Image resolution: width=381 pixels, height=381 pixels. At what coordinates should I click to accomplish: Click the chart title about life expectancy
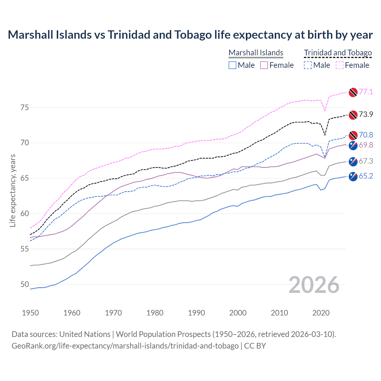[190, 35]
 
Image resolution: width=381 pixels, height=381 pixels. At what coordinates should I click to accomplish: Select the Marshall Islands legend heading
[256, 53]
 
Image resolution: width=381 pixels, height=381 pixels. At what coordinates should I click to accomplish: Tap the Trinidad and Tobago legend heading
[338, 53]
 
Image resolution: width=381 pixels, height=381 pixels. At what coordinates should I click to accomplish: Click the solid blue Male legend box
[232, 65]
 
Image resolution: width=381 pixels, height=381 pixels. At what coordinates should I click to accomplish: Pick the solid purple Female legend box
[264, 65]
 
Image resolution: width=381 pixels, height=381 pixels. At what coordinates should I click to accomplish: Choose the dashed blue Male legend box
[308, 65]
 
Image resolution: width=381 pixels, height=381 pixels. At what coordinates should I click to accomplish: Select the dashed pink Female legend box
[340, 65]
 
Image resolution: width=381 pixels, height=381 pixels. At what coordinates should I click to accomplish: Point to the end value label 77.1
[366, 92]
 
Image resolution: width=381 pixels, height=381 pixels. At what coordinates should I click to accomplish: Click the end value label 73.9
[366, 115]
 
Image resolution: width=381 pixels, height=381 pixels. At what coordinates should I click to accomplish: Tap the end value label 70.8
[366, 135]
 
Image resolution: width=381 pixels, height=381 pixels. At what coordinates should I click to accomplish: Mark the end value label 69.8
[366, 145]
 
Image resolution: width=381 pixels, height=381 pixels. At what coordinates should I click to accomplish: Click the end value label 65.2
[366, 176]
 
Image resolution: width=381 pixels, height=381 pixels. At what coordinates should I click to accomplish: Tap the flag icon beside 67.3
[353, 161]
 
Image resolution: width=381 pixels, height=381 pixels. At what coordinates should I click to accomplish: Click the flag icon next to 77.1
[353, 92]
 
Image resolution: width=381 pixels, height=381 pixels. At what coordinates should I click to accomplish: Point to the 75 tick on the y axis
[25, 107]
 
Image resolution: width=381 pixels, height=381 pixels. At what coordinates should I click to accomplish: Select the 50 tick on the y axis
[25, 284]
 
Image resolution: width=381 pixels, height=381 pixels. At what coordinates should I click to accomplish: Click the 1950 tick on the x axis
[30, 313]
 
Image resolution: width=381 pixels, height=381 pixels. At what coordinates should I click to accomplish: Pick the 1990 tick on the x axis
[196, 313]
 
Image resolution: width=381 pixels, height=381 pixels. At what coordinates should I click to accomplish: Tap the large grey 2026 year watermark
[314, 285]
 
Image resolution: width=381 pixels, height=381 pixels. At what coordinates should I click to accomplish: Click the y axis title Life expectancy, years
[13, 190]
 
